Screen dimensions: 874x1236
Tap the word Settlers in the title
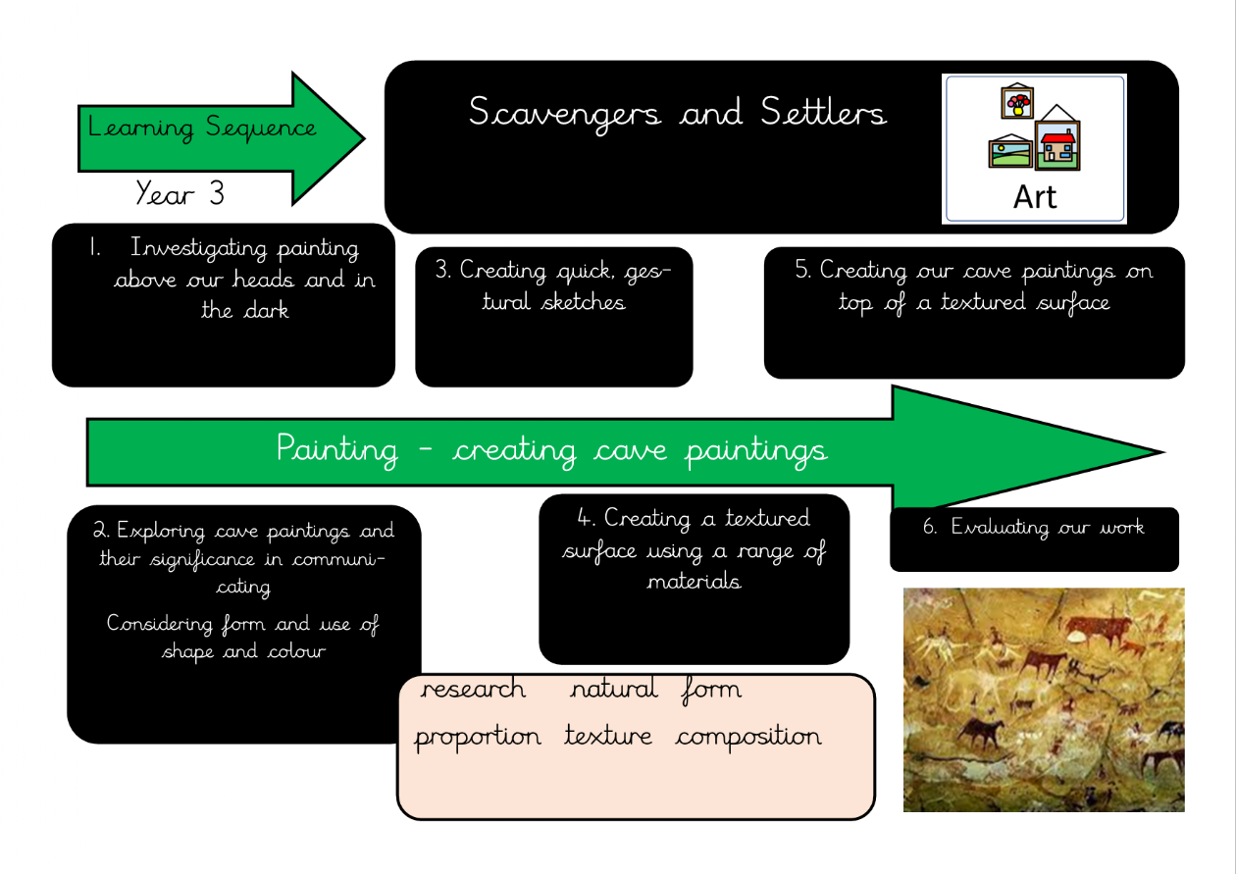click(x=823, y=113)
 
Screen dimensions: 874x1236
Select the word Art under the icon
click(x=1035, y=197)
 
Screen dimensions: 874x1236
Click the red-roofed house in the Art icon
click(x=1057, y=143)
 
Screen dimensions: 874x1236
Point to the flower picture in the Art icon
click(x=1016, y=101)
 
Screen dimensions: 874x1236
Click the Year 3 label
click(x=180, y=193)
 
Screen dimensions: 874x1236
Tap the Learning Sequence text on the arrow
click(x=202, y=128)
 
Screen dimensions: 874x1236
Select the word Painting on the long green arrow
click(x=337, y=450)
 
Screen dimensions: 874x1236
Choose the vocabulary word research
click(x=473, y=689)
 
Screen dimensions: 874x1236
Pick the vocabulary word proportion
click(x=477, y=737)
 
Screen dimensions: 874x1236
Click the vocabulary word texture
click(x=607, y=736)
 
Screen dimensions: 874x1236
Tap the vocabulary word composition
click(x=747, y=737)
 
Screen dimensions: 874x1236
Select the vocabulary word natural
click(x=614, y=689)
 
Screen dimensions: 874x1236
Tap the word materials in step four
click(x=694, y=582)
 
